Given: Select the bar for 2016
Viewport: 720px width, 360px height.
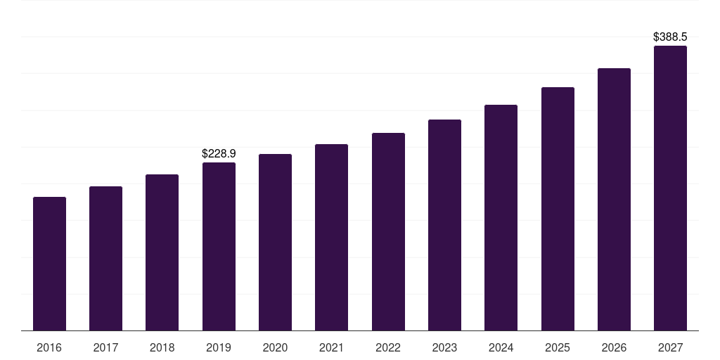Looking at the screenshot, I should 49,264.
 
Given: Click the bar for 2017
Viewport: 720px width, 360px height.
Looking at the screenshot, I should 105,258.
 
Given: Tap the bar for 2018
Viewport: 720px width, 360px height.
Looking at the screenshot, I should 162,252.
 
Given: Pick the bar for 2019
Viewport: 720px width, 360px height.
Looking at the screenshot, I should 219,246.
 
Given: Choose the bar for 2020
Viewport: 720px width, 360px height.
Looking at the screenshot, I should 275,242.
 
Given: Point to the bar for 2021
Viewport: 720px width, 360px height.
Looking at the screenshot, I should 331,237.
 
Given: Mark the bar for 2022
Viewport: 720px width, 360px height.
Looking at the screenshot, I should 388,231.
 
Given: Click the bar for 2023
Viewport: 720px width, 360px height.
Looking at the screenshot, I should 444,225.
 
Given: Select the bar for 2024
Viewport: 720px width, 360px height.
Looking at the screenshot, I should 501,217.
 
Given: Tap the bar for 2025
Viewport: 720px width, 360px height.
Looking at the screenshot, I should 558,209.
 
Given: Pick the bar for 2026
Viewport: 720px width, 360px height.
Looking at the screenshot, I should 614,199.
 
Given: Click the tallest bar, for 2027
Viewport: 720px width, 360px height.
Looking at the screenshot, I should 670,188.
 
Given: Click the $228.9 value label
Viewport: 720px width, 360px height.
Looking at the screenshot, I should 219,153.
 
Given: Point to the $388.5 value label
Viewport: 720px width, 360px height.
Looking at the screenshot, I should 670,37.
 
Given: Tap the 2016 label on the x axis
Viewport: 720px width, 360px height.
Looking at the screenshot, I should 49,348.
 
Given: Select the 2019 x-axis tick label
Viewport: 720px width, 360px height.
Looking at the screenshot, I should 219,348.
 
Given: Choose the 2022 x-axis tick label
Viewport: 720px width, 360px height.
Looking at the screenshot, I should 388,348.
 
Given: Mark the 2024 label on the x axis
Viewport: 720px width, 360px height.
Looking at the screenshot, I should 501,348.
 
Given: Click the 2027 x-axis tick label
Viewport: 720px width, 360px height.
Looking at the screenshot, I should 670,348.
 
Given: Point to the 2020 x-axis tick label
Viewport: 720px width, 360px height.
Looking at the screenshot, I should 275,348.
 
